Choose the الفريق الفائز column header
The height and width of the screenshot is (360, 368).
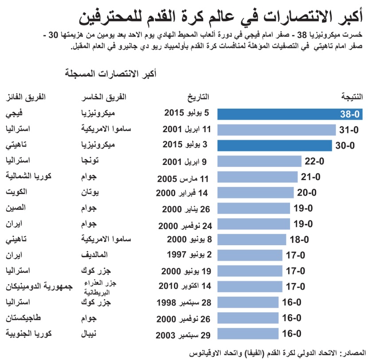pyautogui.click(x=27, y=97)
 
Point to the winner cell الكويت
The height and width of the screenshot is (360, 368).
pyautogui.click(x=18, y=192)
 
